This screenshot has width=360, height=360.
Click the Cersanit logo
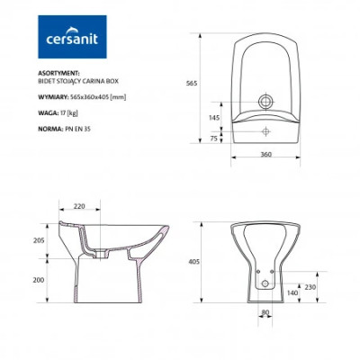[72, 37]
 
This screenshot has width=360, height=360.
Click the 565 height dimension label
[192, 84]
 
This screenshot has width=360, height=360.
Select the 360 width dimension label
[265, 154]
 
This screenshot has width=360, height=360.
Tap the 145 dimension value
[214, 118]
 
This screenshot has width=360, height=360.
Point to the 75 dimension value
[213, 139]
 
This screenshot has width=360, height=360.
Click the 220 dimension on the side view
[79, 206]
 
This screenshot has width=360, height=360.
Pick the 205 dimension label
[39, 240]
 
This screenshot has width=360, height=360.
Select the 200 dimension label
[39, 280]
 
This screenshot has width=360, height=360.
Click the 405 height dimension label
[193, 262]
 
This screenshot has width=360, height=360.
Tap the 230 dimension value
[310, 287]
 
